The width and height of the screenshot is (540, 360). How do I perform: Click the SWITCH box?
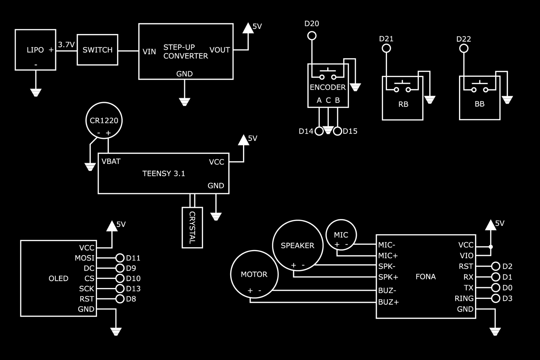pos(97,50)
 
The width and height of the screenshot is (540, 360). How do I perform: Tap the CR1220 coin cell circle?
pos(104,120)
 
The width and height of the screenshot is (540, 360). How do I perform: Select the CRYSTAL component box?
pos(192,228)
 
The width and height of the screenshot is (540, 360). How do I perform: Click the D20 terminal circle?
pos(312,35)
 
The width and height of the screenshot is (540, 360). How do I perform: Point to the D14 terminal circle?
pos(319,131)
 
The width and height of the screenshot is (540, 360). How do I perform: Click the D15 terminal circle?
pos(338,131)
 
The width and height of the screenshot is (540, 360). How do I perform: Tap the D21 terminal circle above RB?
pos(386,48)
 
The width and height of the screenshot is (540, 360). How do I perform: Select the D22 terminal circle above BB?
pos(464,49)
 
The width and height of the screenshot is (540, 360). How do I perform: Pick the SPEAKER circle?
pos(298,245)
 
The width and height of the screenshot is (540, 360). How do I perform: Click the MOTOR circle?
pos(254,274)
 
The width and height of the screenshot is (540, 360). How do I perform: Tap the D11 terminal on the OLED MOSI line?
pos(120,258)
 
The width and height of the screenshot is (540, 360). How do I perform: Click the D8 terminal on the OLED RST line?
pos(120,299)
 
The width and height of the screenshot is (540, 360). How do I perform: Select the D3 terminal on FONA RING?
pos(496,298)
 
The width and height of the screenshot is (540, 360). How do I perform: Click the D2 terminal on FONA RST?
pos(496,266)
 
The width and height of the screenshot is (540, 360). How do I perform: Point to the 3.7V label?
pos(66,45)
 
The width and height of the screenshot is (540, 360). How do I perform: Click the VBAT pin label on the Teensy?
pos(111,161)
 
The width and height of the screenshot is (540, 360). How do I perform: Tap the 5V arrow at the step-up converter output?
pos(248,28)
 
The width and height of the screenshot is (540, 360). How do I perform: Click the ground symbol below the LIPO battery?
pos(36,92)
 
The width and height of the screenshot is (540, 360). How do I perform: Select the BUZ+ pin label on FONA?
pos(388,302)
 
